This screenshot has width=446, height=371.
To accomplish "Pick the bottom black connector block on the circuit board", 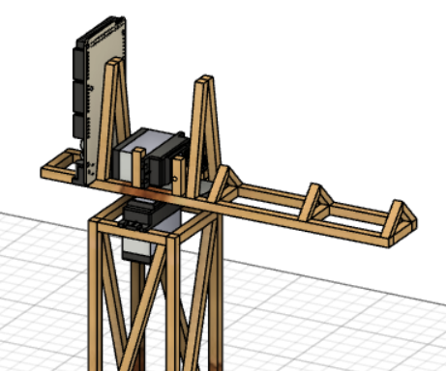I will (78, 126).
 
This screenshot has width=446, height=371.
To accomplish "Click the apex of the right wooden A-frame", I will (205, 82).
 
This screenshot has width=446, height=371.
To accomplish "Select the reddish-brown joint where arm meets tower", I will (155, 197).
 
